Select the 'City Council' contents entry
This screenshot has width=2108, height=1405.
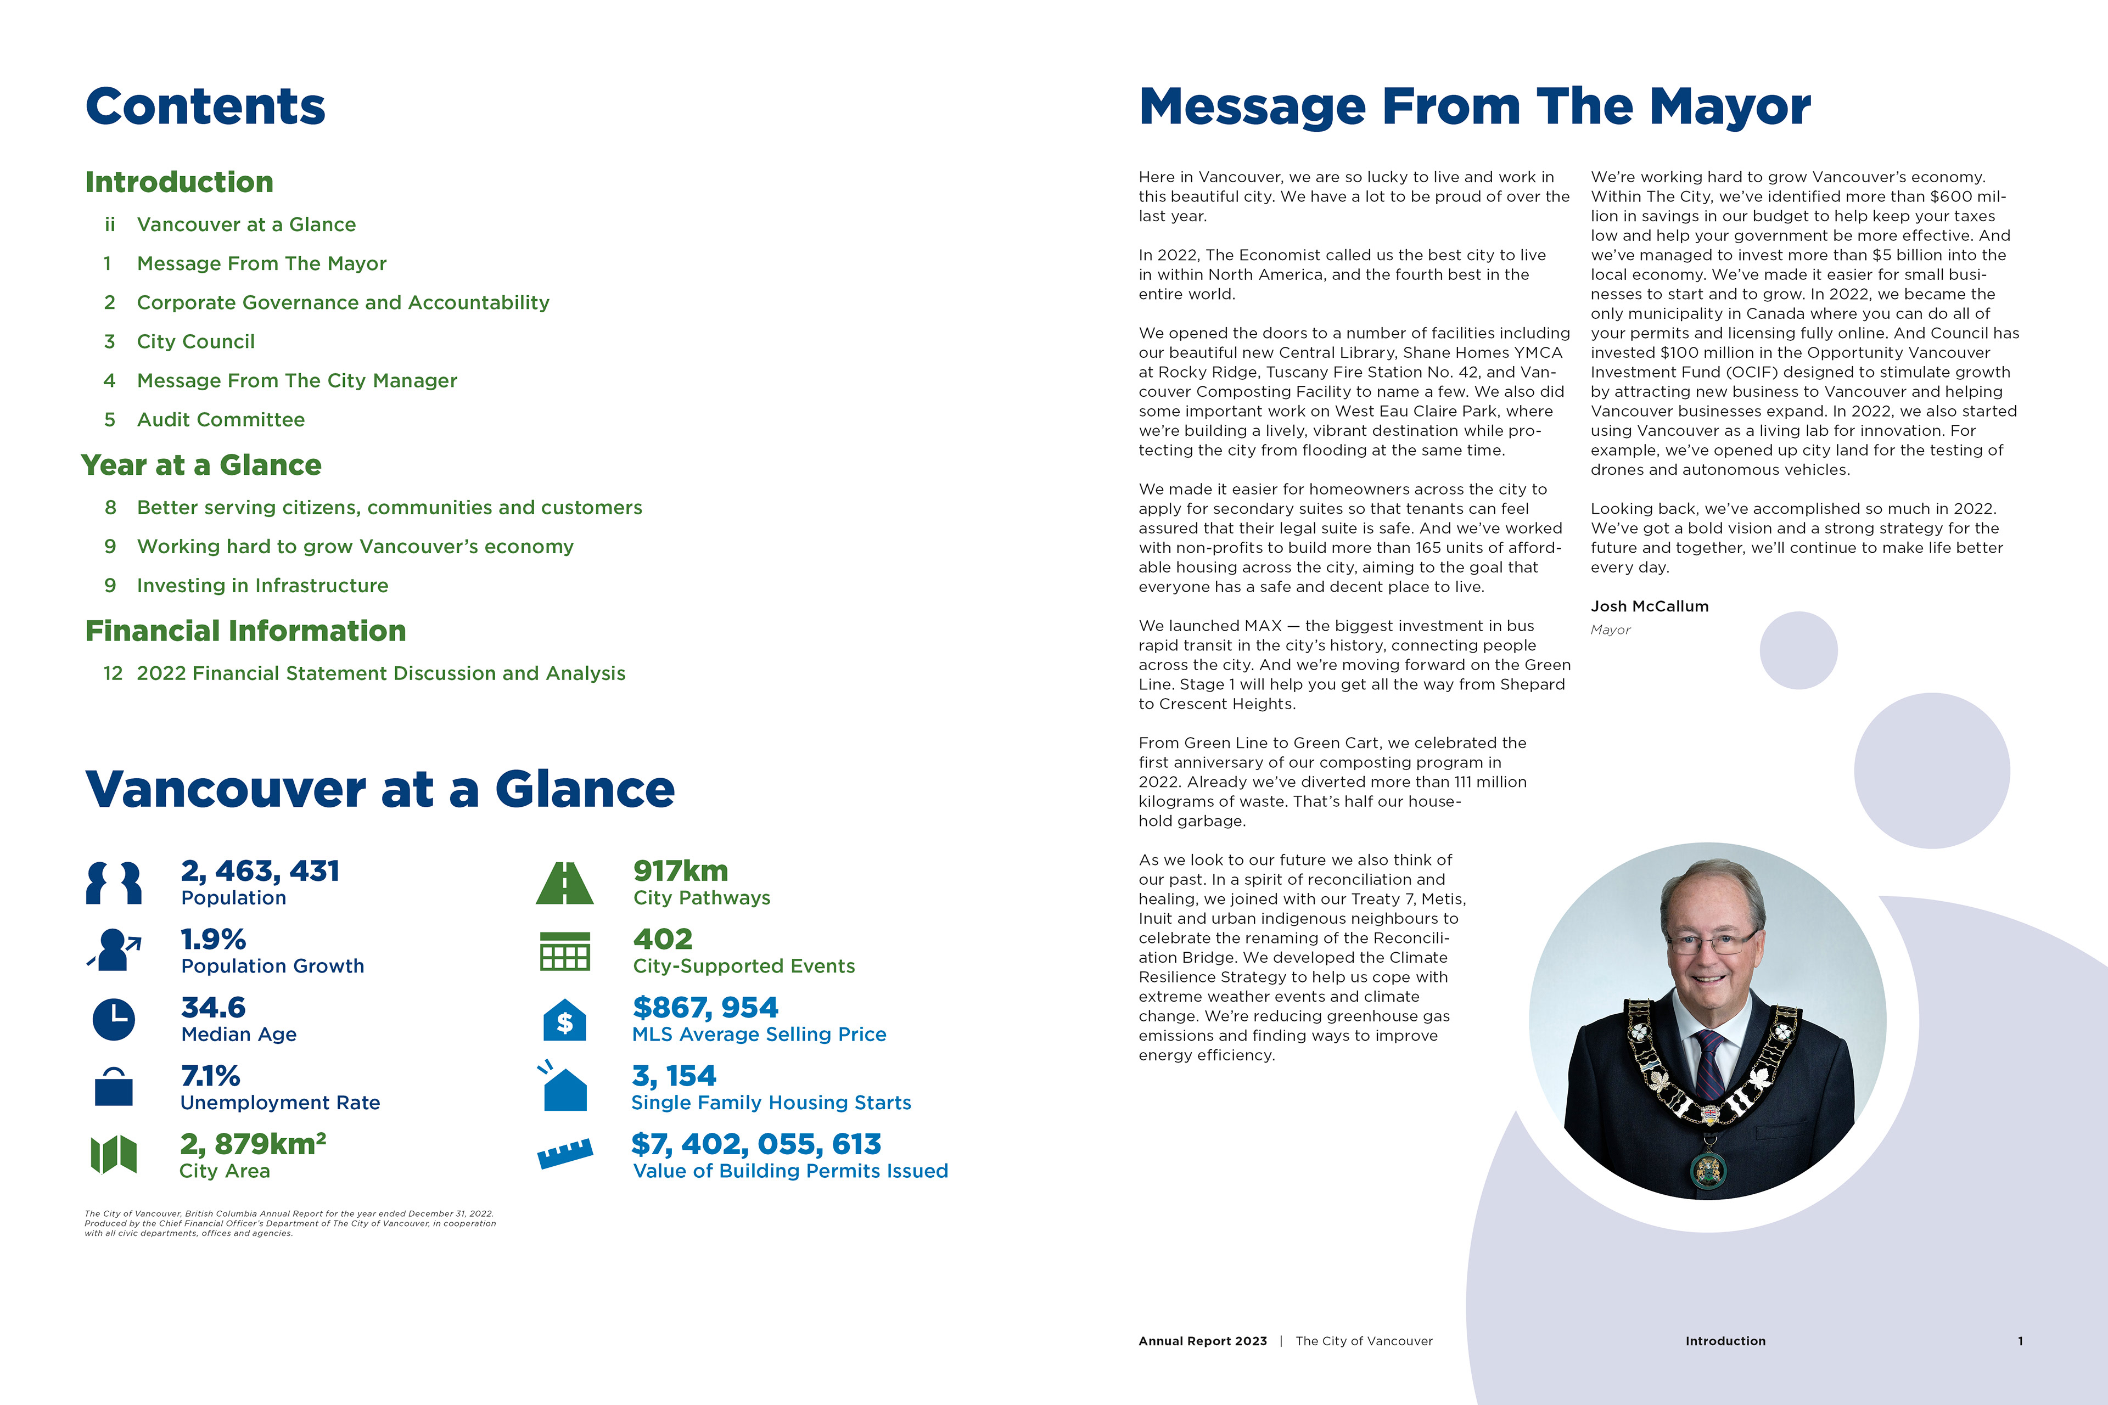pos(195,341)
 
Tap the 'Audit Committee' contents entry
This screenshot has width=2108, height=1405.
pos(221,419)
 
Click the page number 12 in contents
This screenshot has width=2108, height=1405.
pos(112,673)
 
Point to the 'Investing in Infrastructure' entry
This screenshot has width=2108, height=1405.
pos(262,585)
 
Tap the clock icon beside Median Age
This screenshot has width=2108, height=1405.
pos(114,1019)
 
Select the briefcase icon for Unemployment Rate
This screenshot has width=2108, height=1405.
pos(114,1087)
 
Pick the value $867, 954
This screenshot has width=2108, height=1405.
pos(705,1007)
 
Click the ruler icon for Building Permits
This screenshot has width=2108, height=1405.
pos(565,1153)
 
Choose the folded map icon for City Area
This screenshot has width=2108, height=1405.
pos(114,1154)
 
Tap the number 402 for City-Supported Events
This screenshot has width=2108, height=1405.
pos(663,939)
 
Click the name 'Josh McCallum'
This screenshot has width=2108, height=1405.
pos(1649,606)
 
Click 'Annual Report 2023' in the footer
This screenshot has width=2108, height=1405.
pos(1202,1341)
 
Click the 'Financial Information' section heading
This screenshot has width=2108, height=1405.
pos(245,631)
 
